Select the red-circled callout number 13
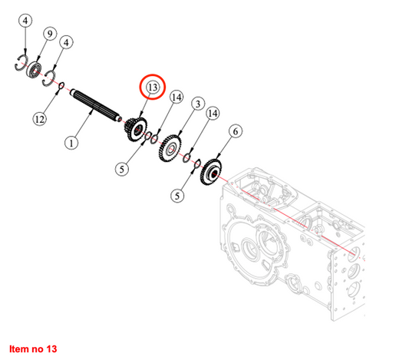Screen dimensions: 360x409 (151, 88)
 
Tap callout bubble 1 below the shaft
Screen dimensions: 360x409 (71, 143)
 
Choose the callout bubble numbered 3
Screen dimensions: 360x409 (197, 103)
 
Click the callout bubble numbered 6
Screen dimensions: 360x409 (235, 131)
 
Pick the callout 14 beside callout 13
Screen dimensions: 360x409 (176, 97)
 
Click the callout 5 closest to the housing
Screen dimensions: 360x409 (177, 197)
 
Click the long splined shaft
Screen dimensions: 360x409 (96, 105)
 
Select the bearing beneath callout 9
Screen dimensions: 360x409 (35, 72)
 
